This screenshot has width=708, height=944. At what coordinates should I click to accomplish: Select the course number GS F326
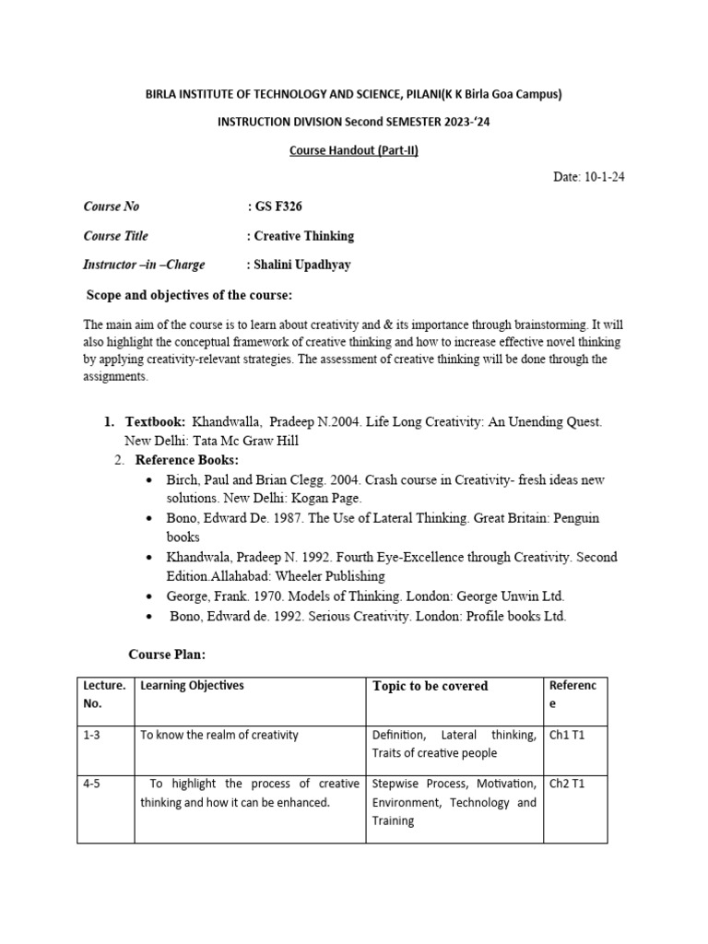(x=274, y=206)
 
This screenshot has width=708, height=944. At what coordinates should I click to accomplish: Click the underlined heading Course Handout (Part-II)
(x=354, y=150)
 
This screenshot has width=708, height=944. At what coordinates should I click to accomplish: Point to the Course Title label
(x=115, y=236)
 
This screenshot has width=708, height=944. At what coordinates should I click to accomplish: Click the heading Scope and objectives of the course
(x=189, y=295)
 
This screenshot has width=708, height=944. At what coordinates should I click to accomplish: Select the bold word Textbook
(x=155, y=421)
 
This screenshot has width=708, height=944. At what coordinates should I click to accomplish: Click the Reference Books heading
(x=186, y=460)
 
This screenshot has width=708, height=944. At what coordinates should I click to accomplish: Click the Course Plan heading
(x=167, y=655)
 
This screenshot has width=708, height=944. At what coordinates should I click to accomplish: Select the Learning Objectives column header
(x=192, y=686)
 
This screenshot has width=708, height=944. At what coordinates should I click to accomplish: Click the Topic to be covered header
(x=431, y=686)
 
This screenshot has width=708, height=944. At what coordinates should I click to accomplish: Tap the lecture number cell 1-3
(x=94, y=736)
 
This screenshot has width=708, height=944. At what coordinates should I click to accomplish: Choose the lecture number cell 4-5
(x=94, y=785)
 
